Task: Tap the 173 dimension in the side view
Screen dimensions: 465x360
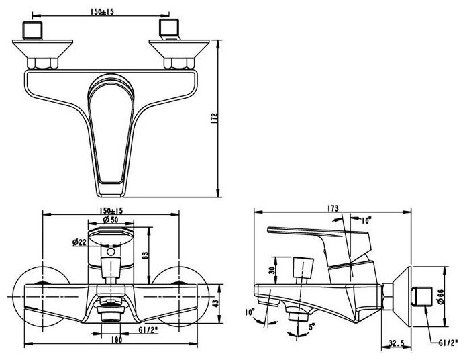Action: pos(333,207)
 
